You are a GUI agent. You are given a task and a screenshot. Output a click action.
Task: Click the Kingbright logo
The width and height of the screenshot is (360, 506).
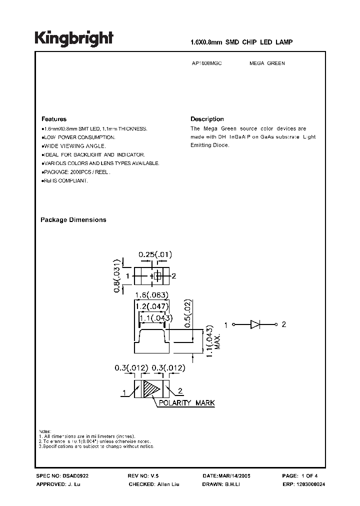pos(74,38)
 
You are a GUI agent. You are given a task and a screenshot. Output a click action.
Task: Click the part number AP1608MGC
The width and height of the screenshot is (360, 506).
pos(206,64)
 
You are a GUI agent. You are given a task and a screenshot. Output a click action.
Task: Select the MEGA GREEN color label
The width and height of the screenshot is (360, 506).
pos(267,64)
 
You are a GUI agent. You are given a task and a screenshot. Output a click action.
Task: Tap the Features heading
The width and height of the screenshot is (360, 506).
pos(54,119)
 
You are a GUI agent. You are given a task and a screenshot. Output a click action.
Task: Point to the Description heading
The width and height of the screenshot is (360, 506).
pos(207,119)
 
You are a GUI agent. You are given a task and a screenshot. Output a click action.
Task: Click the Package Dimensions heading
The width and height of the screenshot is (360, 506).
pos(73,220)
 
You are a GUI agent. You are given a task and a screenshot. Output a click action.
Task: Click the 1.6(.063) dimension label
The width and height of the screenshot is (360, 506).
pos(150,294)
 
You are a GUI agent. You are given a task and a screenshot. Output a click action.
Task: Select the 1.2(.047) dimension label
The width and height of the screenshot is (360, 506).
pos(152,306)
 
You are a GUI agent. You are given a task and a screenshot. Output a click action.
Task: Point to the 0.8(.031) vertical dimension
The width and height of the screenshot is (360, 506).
pos(117,275)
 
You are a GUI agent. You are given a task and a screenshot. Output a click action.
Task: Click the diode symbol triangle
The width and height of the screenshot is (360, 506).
pos(254,324)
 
